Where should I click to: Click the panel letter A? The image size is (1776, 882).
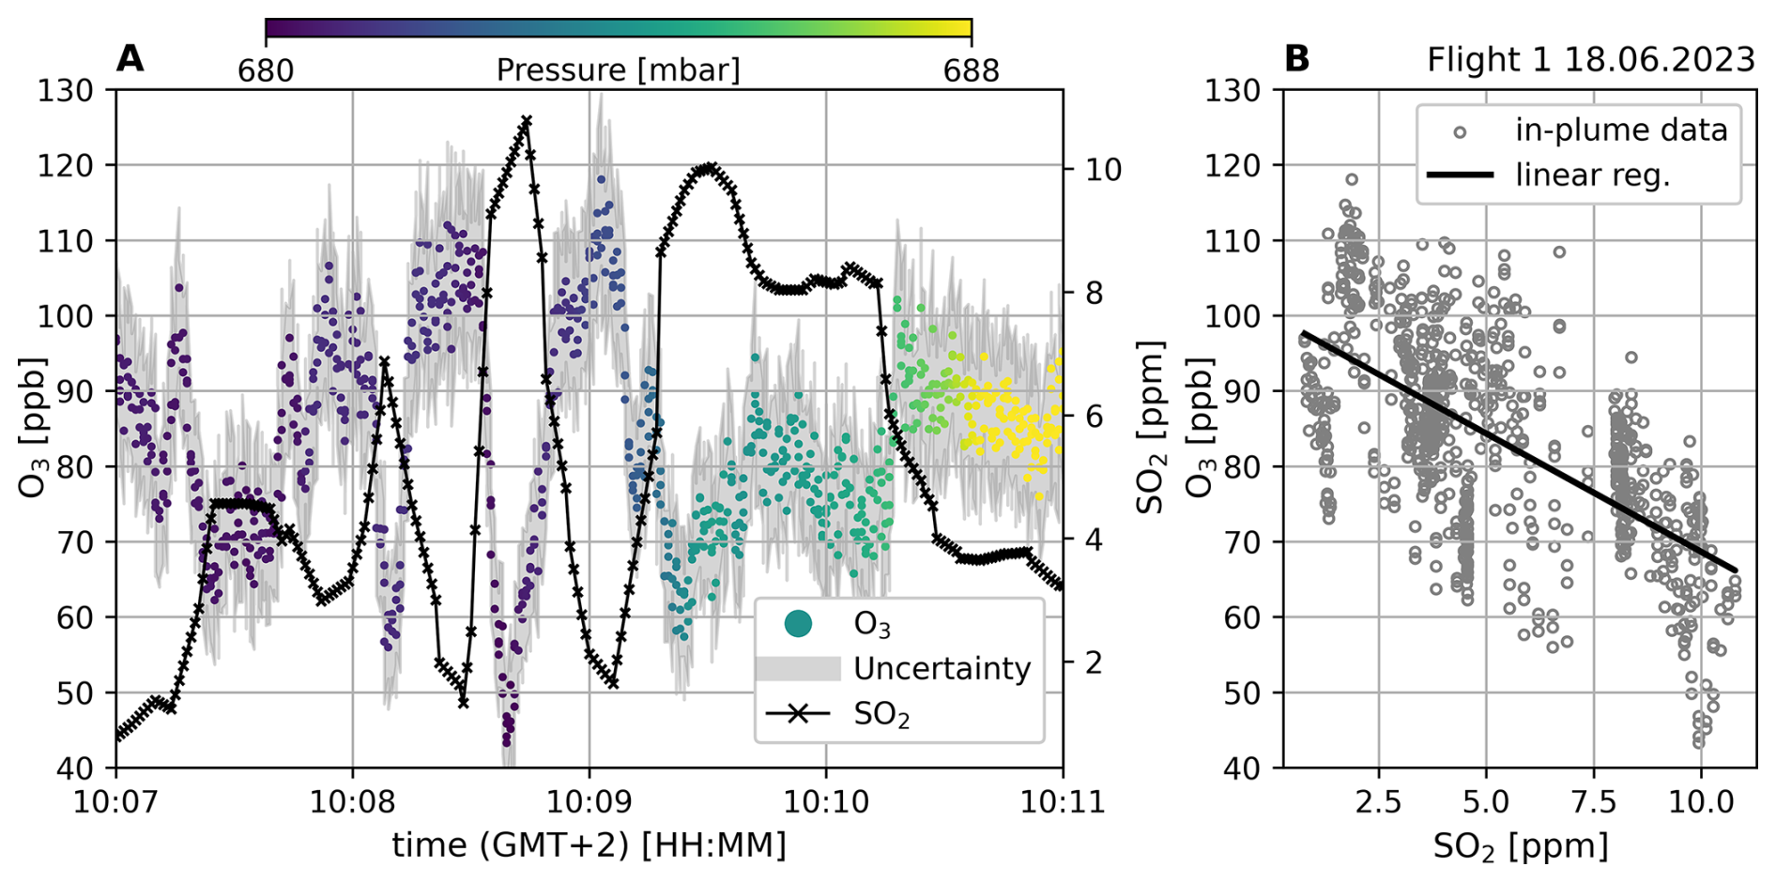(130, 59)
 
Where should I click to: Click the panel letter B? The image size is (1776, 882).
(1296, 59)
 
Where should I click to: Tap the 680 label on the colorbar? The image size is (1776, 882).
(266, 70)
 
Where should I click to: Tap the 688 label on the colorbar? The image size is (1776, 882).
(972, 70)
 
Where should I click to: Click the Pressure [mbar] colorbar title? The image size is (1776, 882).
(618, 70)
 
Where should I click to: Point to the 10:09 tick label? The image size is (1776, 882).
(589, 802)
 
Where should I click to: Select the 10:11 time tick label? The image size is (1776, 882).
(1062, 802)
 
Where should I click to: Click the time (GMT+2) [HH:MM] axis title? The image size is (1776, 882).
(589, 845)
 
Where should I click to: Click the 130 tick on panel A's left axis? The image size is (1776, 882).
(66, 91)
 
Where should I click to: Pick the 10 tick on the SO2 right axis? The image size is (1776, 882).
(1103, 170)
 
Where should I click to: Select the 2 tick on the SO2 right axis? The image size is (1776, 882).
(1094, 663)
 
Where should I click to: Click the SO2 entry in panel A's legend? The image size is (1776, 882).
(881, 715)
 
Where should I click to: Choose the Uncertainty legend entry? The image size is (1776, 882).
(942, 669)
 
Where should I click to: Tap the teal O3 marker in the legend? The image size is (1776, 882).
(798, 623)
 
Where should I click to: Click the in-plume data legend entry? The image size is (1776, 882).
(1621, 130)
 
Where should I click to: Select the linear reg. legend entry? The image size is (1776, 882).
(1592, 175)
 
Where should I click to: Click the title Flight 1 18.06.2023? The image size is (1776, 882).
(1590, 60)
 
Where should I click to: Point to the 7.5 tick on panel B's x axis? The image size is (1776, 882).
(1593, 802)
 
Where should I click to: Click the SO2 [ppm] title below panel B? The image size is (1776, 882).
(1520, 846)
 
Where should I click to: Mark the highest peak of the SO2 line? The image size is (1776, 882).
(527, 120)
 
